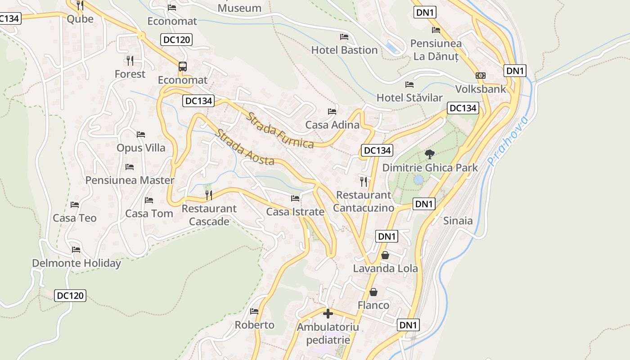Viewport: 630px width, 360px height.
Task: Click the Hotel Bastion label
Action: (344, 50)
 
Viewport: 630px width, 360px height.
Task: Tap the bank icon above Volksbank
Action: (481, 76)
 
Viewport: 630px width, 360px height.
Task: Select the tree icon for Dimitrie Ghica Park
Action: (430, 154)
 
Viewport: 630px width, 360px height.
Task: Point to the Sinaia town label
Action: (458, 220)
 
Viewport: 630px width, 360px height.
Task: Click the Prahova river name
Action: (508, 140)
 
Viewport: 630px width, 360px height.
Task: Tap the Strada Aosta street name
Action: (244, 147)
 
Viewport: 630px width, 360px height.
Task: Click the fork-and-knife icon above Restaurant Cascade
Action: (209, 195)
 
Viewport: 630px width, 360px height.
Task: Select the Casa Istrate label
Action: (295, 211)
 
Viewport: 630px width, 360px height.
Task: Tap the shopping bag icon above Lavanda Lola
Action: (385, 255)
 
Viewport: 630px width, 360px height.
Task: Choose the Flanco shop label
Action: (373, 305)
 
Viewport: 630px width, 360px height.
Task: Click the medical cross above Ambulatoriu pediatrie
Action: (328, 313)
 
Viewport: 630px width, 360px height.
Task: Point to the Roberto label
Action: (254, 324)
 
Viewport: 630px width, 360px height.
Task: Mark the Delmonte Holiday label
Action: (76, 263)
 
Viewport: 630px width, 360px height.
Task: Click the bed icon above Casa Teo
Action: (75, 205)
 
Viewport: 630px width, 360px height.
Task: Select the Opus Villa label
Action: (141, 148)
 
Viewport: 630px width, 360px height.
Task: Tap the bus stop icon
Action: (182, 67)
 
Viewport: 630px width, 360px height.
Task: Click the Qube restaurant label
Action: (80, 18)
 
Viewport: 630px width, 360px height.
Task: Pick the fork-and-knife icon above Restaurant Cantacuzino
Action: (364, 181)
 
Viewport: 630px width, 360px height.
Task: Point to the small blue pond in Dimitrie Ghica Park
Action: (418, 180)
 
